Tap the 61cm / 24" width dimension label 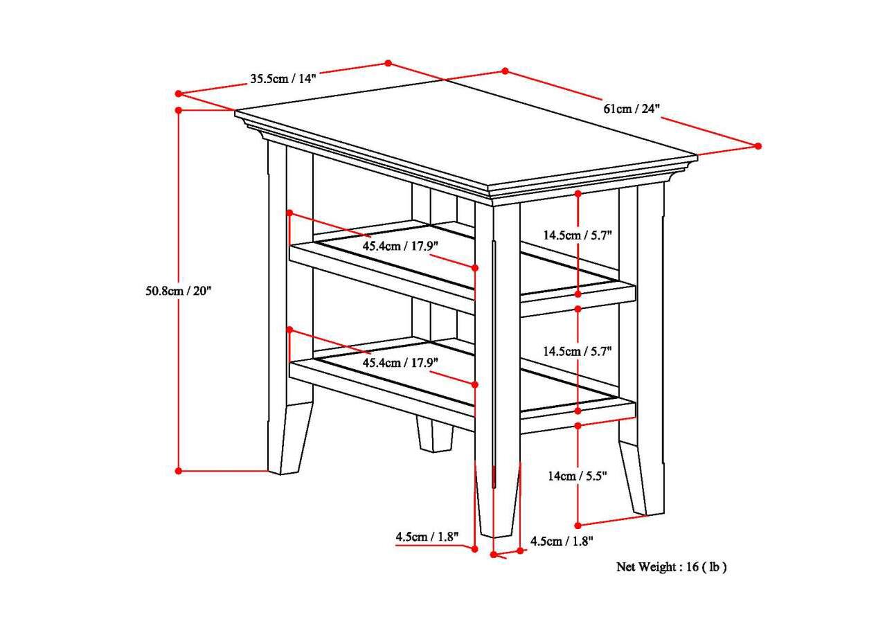[x=632, y=109]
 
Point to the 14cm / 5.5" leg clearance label [x=577, y=476]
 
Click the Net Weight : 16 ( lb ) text [x=671, y=567]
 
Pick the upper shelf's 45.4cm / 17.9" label [x=400, y=247]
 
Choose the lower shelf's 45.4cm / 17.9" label [x=400, y=362]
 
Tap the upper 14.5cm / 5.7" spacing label [x=577, y=235]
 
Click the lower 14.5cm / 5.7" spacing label [x=577, y=351]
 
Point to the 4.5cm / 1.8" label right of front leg [x=562, y=542]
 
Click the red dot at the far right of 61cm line [x=758, y=146]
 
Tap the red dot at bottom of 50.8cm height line [x=179, y=471]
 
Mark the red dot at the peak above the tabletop [x=388, y=63]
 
